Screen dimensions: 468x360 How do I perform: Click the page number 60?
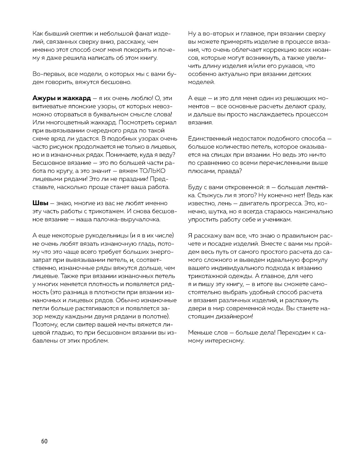(45, 441)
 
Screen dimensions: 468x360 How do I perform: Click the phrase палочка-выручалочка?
(132, 220)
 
